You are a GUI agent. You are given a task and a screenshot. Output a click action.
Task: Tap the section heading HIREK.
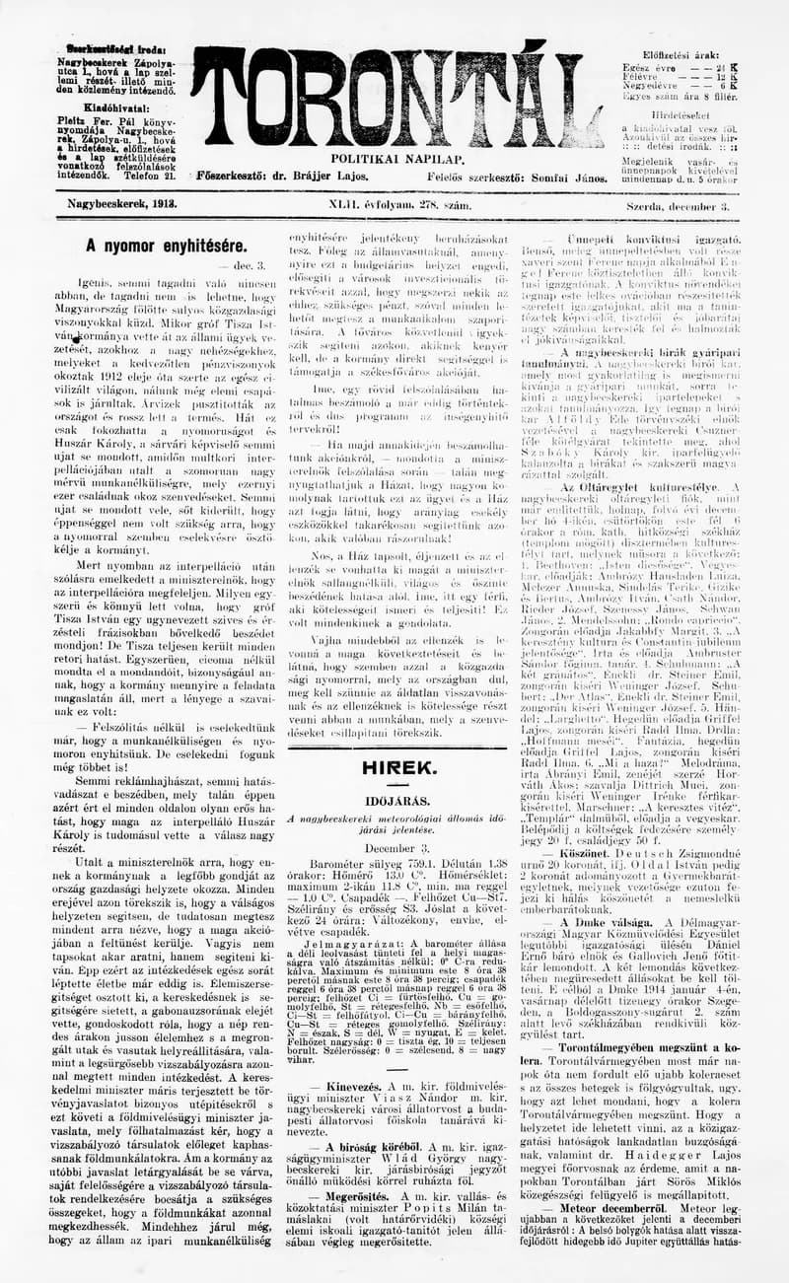click(397, 766)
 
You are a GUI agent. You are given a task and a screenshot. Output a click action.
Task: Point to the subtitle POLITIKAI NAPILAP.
click(383, 158)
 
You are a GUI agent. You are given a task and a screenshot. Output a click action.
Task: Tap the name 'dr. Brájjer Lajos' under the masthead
click(323, 177)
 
